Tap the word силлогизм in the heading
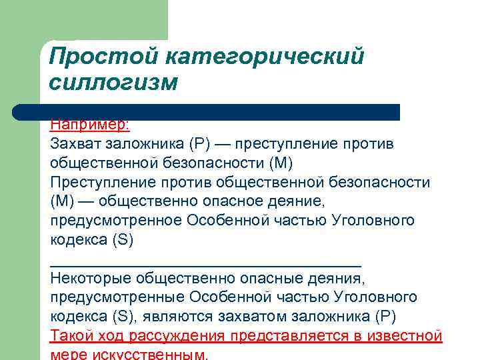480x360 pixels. [x=114, y=83]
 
